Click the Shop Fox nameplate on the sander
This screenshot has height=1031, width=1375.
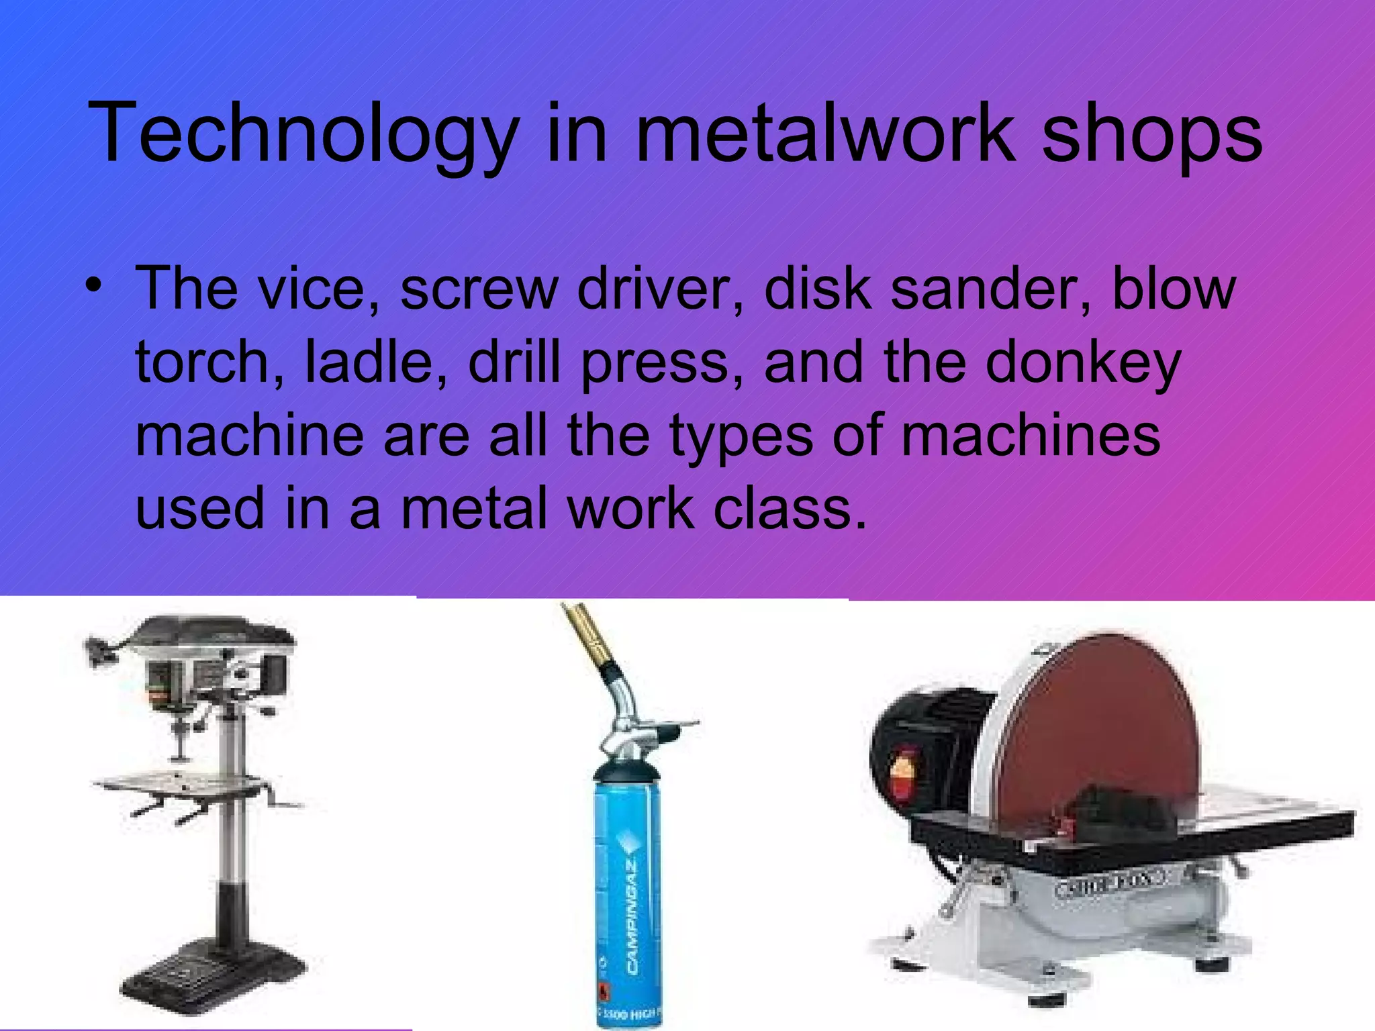pos(1111,886)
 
